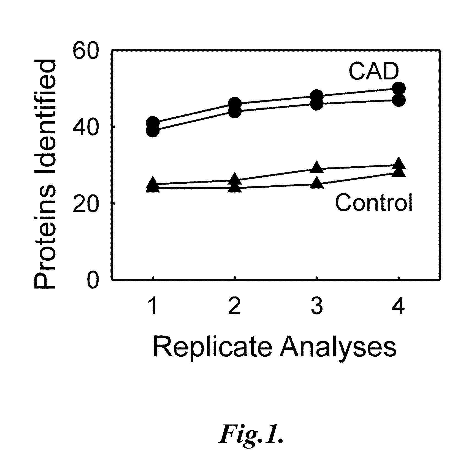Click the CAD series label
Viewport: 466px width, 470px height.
[x=374, y=71]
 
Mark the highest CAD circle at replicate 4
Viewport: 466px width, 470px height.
[x=399, y=88]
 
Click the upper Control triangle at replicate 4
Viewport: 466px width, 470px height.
[x=399, y=164]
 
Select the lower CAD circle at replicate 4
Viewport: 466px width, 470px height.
[x=399, y=100]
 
